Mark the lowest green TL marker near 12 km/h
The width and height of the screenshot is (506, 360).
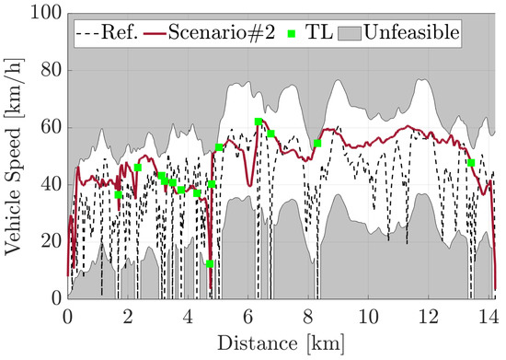pos(210,264)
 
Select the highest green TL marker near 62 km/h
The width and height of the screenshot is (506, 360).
pos(259,122)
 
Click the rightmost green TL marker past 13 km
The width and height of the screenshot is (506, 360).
pos(471,163)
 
